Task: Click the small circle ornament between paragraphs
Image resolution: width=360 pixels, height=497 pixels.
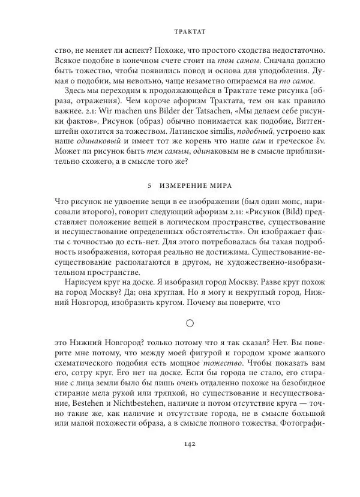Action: pyautogui.click(x=189, y=323)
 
